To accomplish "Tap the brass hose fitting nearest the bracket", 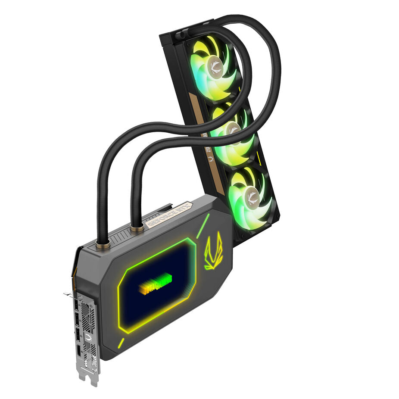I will pos(103,244).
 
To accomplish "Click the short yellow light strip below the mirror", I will pos(122,343).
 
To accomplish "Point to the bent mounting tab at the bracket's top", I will pos(69,295).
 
